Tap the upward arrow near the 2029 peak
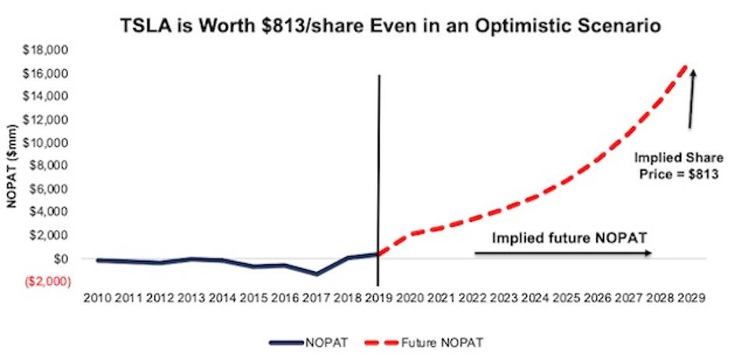(x=691, y=97)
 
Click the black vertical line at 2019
(x=379, y=156)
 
